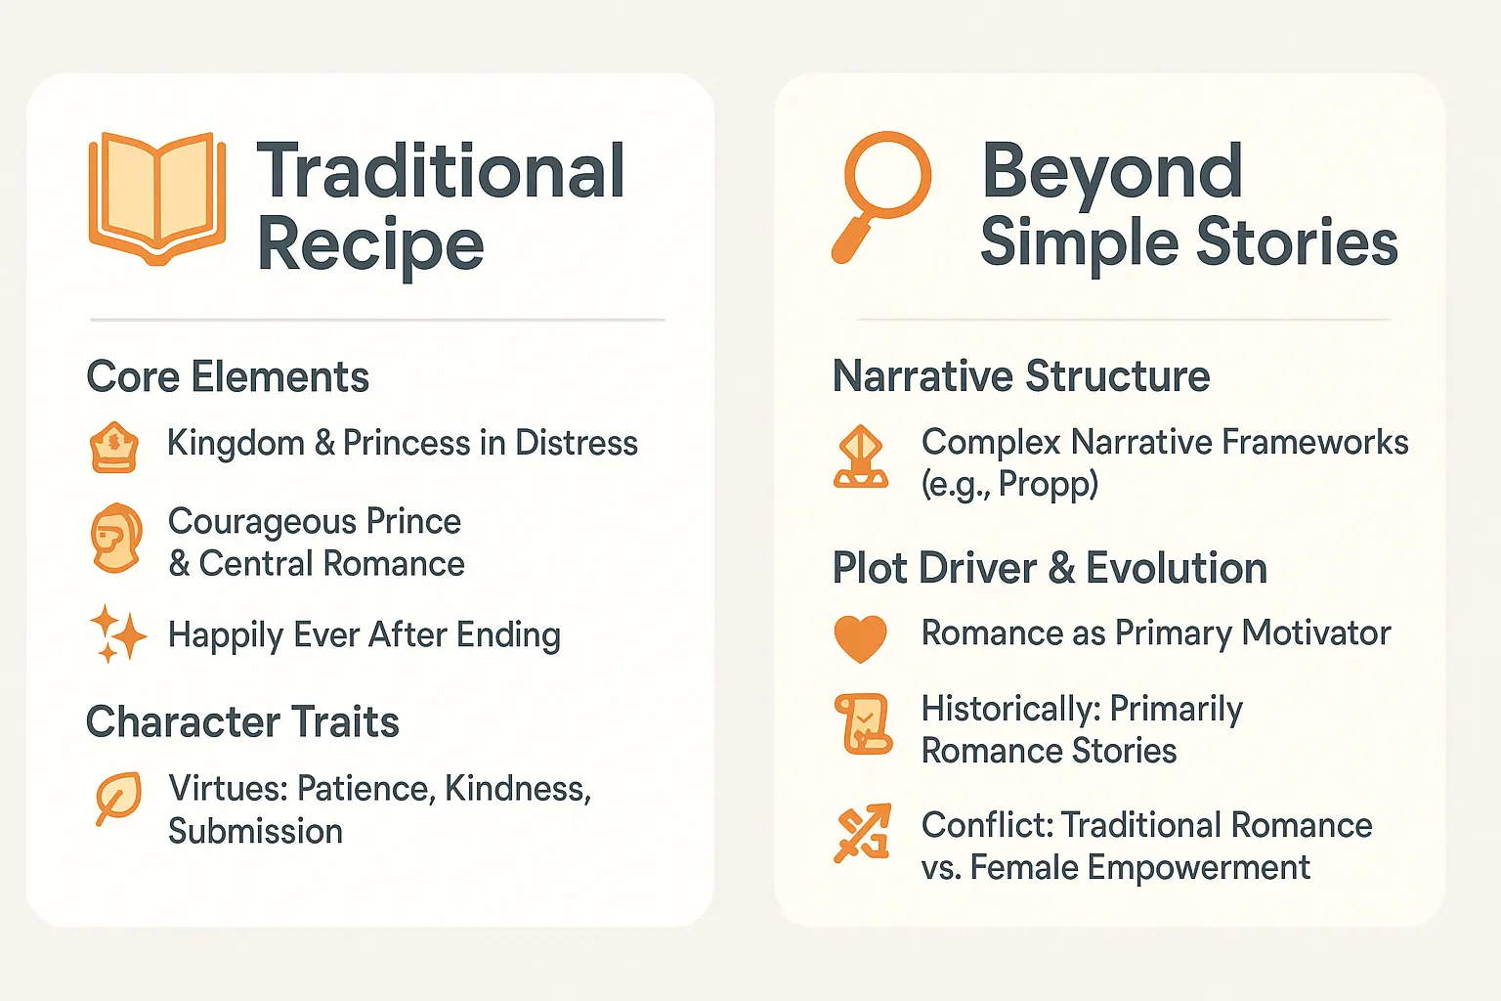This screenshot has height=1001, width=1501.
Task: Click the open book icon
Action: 156,199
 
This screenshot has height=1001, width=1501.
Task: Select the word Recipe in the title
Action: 370,245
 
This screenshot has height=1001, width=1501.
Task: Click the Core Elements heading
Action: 228,376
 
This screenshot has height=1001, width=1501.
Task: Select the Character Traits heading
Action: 242,721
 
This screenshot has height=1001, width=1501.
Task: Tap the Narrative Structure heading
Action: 1021,375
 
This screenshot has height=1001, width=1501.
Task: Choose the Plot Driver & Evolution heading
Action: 1050,568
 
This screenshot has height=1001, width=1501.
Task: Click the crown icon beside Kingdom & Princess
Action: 114,447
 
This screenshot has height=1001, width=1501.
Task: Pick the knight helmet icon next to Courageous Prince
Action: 116,538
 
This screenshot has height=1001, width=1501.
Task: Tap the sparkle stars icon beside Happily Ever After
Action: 118,633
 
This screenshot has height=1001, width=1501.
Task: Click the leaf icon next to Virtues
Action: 118,798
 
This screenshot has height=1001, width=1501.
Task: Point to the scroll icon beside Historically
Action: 863,723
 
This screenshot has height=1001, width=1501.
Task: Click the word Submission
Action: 255,831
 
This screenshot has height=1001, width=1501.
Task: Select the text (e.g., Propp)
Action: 1009,484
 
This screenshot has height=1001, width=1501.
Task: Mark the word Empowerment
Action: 1198,868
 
